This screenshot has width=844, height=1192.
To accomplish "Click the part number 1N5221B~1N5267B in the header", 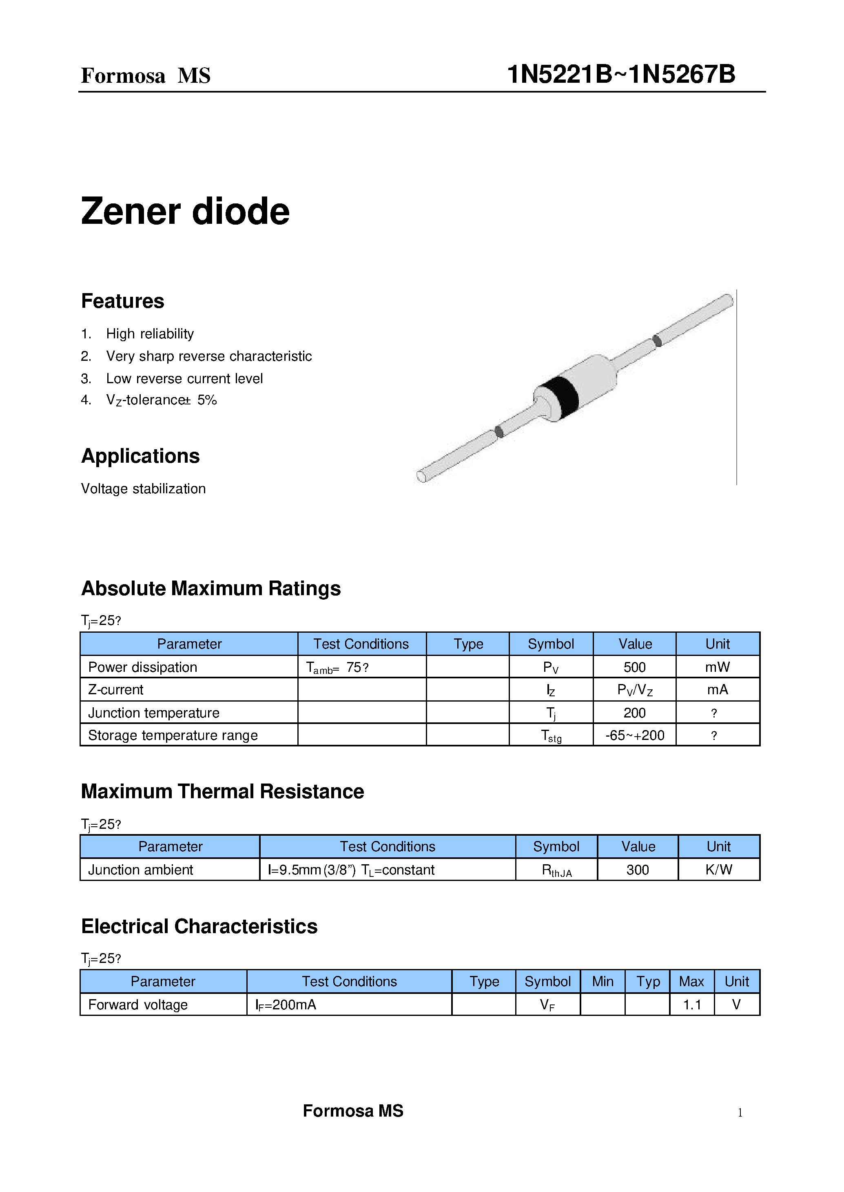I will pyautogui.click(x=620, y=74).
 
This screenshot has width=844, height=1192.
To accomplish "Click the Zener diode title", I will pyautogui.click(x=185, y=212).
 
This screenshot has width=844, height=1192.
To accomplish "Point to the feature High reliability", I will pyautogui.click(x=150, y=334).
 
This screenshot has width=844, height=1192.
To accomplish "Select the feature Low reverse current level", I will pyautogui.click(x=184, y=379).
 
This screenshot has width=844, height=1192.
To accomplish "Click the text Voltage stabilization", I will pyautogui.click(x=144, y=489).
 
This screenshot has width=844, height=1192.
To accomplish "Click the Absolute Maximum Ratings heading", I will pyautogui.click(x=210, y=589).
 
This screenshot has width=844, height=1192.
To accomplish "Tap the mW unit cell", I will pyautogui.click(x=717, y=667).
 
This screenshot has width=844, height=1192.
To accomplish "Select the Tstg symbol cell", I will pyautogui.click(x=551, y=735).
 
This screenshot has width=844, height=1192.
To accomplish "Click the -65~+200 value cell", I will pyautogui.click(x=635, y=735).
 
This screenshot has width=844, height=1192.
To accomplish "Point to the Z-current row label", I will pyautogui.click(x=116, y=690).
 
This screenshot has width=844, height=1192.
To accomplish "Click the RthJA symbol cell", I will pyautogui.click(x=556, y=870).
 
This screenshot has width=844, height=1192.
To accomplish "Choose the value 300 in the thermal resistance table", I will pyautogui.click(x=637, y=870).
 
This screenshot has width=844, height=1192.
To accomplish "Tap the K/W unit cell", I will pyautogui.click(x=718, y=870).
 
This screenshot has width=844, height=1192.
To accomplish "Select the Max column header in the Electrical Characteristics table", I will pyautogui.click(x=691, y=982).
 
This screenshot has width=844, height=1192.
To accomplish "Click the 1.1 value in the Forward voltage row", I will pyautogui.click(x=691, y=1005).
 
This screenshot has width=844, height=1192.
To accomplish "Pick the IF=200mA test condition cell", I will pyautogui.click(x=286, y=1005).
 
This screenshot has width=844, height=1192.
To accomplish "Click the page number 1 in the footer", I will pyautogui.click(x=740, y=1113).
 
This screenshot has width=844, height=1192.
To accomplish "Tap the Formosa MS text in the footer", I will pyautogui.click(x=353, y=1111).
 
